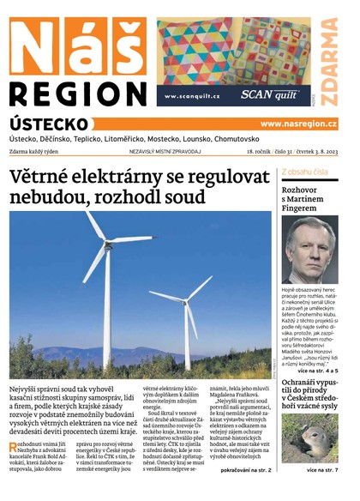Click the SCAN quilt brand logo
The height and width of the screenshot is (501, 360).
point(268,96)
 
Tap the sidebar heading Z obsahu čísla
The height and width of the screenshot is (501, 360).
point(304,172)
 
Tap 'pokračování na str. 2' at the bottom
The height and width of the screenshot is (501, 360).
point(245,470)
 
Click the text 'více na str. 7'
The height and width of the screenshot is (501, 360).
point(321,470)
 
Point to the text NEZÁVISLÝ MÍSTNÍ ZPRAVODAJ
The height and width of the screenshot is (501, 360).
point(165,152)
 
